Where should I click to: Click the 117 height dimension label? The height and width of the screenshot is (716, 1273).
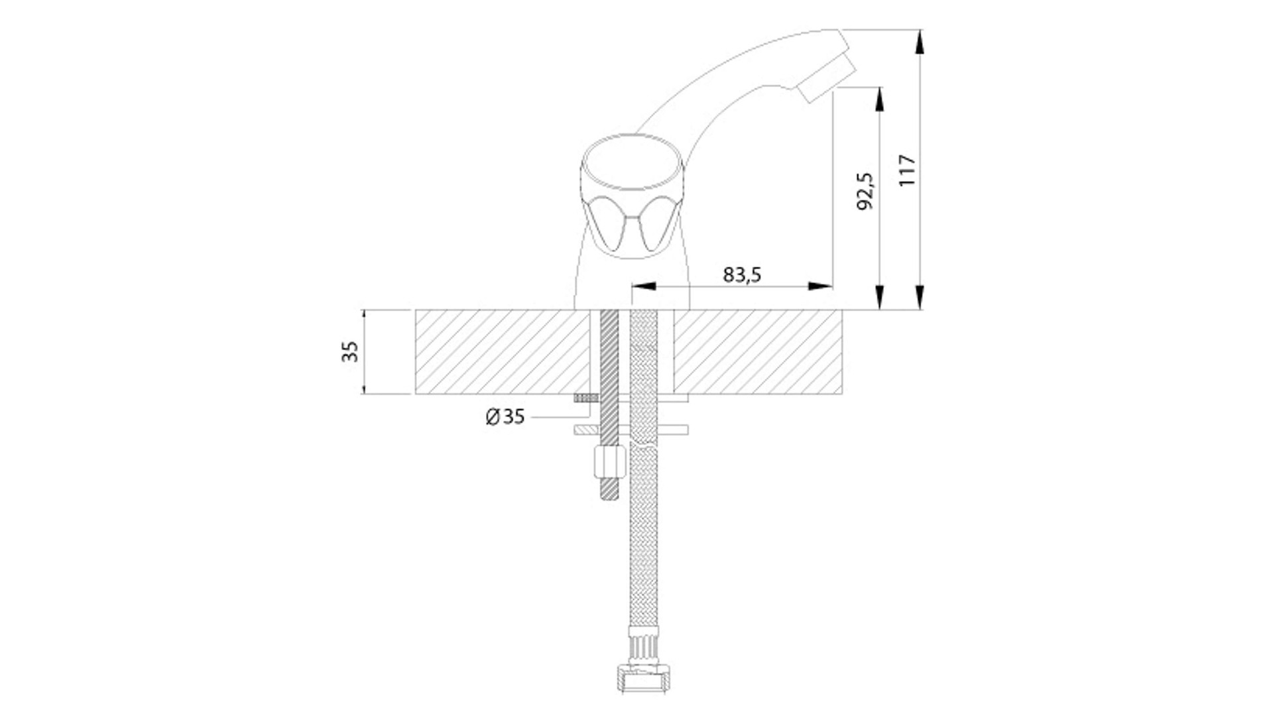[908, 170]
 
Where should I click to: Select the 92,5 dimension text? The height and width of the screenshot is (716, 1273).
[865, 192]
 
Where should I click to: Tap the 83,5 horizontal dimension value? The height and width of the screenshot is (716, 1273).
[742, 274]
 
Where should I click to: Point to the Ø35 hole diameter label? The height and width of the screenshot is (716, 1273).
[505, 417]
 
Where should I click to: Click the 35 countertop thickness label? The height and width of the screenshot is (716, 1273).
[350, 351]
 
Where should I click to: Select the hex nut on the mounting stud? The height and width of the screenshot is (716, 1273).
[609, 460]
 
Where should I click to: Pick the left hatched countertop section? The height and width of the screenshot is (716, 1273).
[502, 351]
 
